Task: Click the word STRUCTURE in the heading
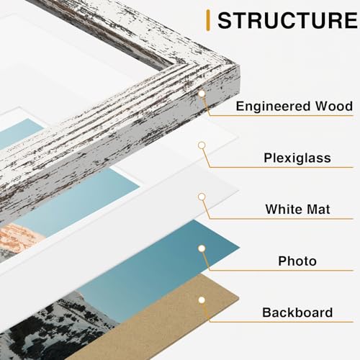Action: click(286, 20)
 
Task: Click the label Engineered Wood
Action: click(294, 107)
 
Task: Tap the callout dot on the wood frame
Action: click(202, 94)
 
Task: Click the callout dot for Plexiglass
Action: click(202, 145)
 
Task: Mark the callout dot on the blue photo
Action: click(202, 248)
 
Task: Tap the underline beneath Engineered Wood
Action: click(288, 117)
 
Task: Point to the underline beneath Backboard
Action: click(288, 323)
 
